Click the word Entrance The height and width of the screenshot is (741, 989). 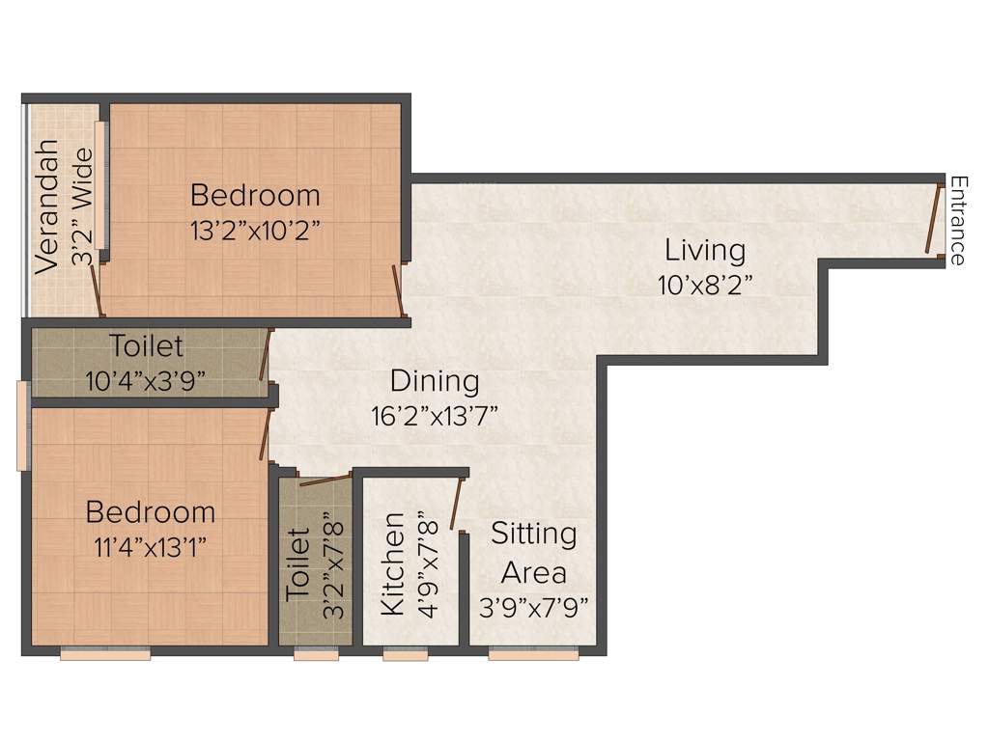click(x=957, y=220)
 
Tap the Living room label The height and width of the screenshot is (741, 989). click(x=705, y=251)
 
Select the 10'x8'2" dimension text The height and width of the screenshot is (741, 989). click(x=705, y=285)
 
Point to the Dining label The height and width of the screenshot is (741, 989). click(x=435, y=381)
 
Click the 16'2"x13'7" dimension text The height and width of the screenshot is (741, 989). click(x=435, y=416)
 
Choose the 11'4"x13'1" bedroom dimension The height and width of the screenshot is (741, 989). click(x=150, y=546)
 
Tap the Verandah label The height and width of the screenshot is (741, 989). click(x=45, y=207)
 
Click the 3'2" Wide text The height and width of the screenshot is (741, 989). click(x=84, y=206)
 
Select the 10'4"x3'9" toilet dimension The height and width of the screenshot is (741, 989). click(x=146, y=380)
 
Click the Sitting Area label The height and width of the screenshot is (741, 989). click(x=533, y=552)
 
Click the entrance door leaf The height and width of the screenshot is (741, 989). click(x=933, y=219)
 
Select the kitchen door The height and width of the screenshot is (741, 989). click(x=456, y=508)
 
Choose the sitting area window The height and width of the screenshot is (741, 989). click(x=533, y=655)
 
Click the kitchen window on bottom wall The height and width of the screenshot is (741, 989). click(x=405, y=655)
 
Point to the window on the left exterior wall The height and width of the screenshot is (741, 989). click(x=22, y=425)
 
